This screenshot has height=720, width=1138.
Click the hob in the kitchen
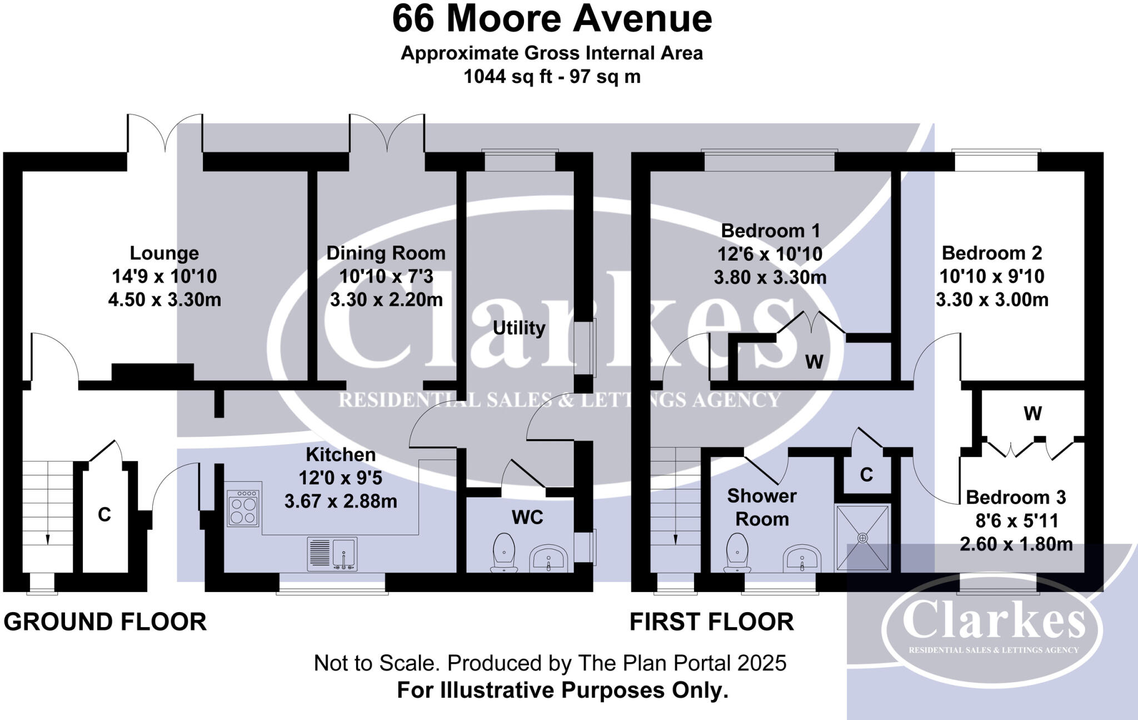243,508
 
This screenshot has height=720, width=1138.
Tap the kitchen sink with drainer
332,554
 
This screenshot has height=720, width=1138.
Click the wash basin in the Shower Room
802,558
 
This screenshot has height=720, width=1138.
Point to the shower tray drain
862,538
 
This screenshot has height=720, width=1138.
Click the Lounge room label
164,253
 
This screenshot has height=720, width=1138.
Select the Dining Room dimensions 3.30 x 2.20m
386,300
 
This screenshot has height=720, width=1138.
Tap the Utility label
519,327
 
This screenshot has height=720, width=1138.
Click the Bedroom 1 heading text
770,230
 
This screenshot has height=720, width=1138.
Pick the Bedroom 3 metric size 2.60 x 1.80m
1016,544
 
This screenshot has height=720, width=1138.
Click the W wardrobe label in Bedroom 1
814,362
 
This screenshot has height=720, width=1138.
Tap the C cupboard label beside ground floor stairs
104,515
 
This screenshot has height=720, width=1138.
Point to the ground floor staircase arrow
48,538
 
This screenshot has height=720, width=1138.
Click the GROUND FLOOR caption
105,622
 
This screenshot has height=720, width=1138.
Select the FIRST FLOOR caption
711,622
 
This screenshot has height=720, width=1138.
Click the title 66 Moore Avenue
552,19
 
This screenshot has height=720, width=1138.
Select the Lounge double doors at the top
165,133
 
